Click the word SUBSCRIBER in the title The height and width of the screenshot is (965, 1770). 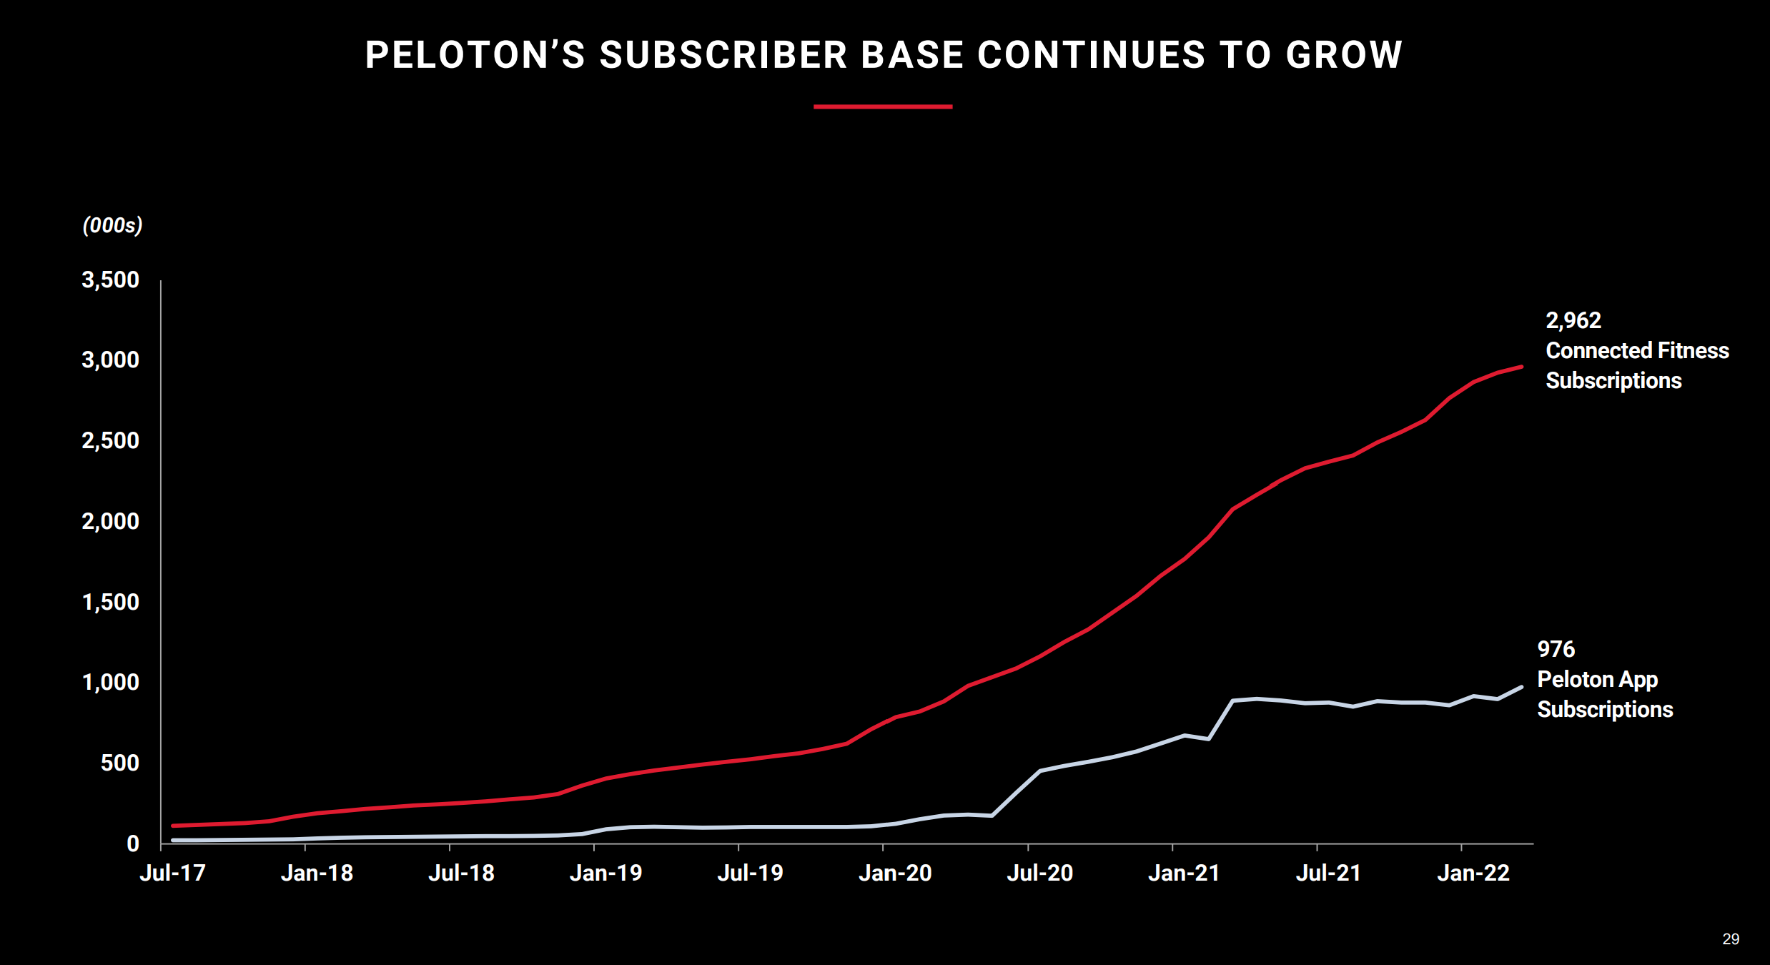click(723, 55)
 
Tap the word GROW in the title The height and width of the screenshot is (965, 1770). click(1344, 55)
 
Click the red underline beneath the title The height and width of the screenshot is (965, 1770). click(883, 107)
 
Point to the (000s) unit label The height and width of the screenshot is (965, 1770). click(112, 225)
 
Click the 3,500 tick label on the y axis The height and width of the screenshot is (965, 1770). click(111, 279)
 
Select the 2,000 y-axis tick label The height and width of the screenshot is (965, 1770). click(111, 521)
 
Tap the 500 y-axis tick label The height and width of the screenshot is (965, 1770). click(120, 763)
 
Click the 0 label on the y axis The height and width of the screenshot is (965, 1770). click(133, 843)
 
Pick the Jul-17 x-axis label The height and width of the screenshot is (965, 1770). click(172, 873)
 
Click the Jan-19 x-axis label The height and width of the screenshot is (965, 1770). click(605, 873)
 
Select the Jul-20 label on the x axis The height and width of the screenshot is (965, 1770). click(1039, 873)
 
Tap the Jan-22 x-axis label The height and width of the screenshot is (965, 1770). click(1473, 873)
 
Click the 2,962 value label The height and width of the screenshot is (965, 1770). click(1573, 320)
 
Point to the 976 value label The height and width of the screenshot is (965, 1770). click(1556, 649)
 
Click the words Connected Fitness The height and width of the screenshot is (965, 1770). click(1637, 350)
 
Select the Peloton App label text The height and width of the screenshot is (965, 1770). click(1597, 679)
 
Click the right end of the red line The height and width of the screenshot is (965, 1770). click(1521, 367)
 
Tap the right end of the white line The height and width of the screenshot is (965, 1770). click(1521, 687)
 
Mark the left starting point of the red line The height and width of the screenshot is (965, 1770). click(174, 826)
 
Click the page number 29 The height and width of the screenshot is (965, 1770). click(1731, 939)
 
